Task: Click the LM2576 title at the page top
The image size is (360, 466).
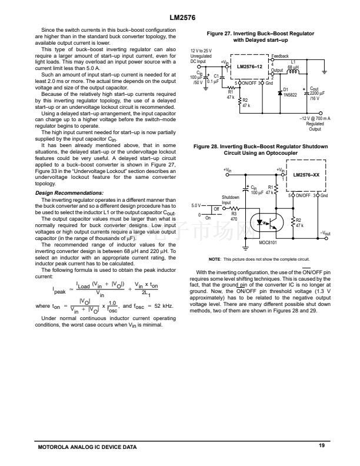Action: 179,18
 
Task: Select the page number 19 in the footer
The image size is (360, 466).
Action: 322,447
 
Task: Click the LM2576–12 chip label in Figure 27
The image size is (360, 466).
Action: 249,66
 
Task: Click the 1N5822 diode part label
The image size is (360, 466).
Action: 291,94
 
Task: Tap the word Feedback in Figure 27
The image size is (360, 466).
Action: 280,55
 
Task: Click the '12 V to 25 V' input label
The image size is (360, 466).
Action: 201,51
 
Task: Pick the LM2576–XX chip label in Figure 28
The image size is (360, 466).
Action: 306,175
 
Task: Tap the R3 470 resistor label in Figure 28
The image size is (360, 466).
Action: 234,215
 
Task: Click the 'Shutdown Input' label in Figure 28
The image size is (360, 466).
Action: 230,200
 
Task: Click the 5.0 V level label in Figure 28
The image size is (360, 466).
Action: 198,206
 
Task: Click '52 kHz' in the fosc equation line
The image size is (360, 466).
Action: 162,307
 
